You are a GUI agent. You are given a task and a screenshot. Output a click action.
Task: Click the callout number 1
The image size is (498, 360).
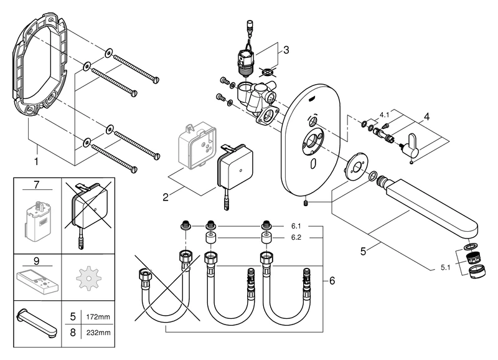[36, 160]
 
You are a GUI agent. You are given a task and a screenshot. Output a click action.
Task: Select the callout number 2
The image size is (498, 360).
[166, 197]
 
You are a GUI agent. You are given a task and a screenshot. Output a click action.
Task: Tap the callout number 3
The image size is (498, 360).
[286, 49]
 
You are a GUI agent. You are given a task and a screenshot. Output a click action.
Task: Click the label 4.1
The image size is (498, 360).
[385, 115]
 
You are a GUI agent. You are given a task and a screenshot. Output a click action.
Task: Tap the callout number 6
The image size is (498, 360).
[331, 281]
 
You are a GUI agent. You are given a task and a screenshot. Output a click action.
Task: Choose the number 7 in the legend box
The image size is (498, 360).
[37, 186]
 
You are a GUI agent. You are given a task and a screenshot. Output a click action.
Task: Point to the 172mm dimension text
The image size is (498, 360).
[98, 318]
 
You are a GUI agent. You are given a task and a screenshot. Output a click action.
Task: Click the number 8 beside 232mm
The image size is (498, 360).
[73, 333]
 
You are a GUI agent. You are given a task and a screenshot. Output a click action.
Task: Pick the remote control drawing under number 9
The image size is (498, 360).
[37, 278]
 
